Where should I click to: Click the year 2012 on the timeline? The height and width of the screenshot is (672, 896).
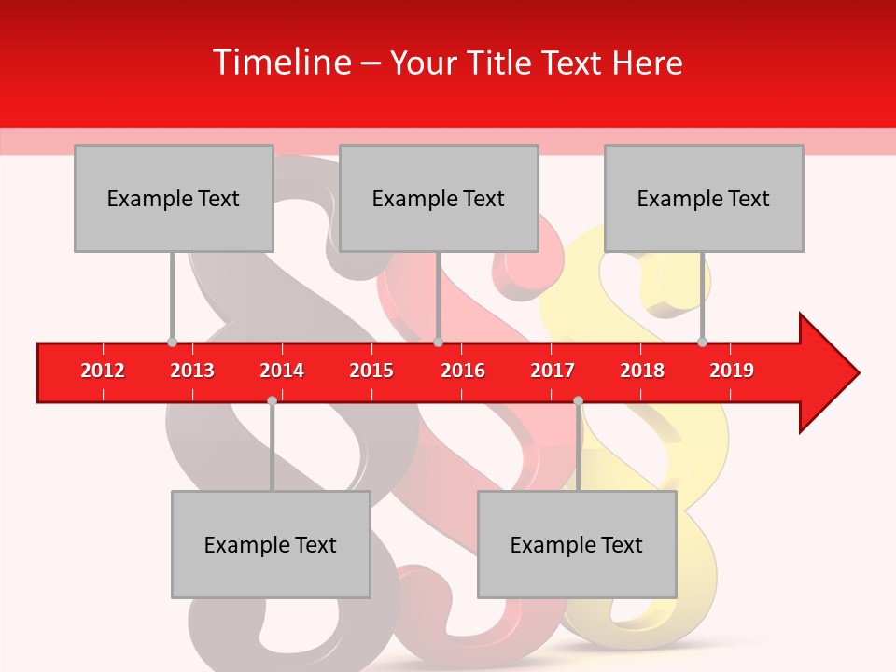tap(103, 371)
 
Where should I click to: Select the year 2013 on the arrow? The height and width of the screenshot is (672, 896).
tap(192, 371)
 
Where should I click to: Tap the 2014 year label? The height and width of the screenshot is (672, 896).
tap(282, 371)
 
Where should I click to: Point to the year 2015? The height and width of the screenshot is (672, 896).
tap(371, 371)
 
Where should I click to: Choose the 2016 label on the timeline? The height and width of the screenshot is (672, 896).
tap(463, 371)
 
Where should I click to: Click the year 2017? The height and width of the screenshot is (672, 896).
tap(553, 371)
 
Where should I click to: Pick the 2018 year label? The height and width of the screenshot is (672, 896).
tap(642, 371)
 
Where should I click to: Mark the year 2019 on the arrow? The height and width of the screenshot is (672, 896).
tap(732, 371)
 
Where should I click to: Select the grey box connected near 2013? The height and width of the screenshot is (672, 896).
tap(174, 198)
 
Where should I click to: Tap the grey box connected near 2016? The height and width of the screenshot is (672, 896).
tap(439, 198)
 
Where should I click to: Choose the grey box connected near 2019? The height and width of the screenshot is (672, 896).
tap(704, 198)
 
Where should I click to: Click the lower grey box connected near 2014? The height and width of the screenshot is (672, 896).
tap(271, 544)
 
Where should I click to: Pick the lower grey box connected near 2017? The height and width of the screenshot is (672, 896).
tap(577, 544)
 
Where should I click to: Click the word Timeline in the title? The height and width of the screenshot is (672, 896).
tap(280, 63)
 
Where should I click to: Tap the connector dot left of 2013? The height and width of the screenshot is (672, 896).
tap(172, 342)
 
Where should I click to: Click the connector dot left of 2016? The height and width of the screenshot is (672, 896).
tap(438, 342)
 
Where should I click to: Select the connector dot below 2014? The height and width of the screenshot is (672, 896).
tap(272, 400)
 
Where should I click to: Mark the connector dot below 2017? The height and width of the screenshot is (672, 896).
tap(578, 400)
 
